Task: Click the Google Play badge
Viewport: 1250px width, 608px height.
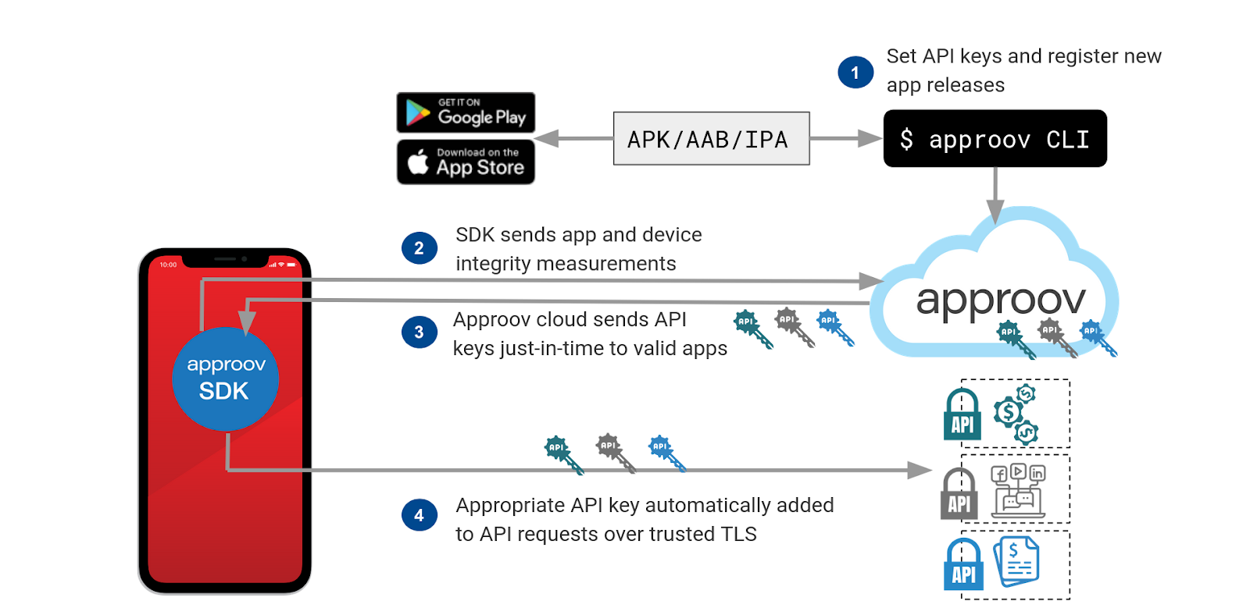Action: point(466,113)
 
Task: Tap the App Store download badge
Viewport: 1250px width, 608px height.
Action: point(466,162)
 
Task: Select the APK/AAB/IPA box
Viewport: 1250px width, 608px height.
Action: point(711,139)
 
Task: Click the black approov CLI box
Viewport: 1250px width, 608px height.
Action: point(995,139)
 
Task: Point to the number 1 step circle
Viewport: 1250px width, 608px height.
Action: point(855,73)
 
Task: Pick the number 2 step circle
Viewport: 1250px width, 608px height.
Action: point(420,248)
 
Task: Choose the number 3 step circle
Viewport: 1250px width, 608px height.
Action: point(420,332)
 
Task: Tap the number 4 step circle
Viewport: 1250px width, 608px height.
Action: point(420,515)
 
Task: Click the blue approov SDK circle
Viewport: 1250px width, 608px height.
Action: point(225,379)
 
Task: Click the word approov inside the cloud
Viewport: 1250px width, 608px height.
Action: point(1001,300)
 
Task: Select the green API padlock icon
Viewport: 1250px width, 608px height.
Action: point(962,414)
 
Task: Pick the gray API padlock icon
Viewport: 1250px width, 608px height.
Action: point(959,494)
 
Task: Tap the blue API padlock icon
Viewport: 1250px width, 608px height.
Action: point(963,564)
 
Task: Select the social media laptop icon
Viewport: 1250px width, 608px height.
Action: point(1018,491)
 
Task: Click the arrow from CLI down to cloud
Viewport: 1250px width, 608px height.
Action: point(995,195)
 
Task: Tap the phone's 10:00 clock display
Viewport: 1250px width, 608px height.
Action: point(168,265)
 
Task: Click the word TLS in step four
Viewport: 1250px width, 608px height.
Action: point(738,535)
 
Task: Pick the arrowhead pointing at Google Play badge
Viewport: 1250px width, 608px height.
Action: point(546,139)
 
